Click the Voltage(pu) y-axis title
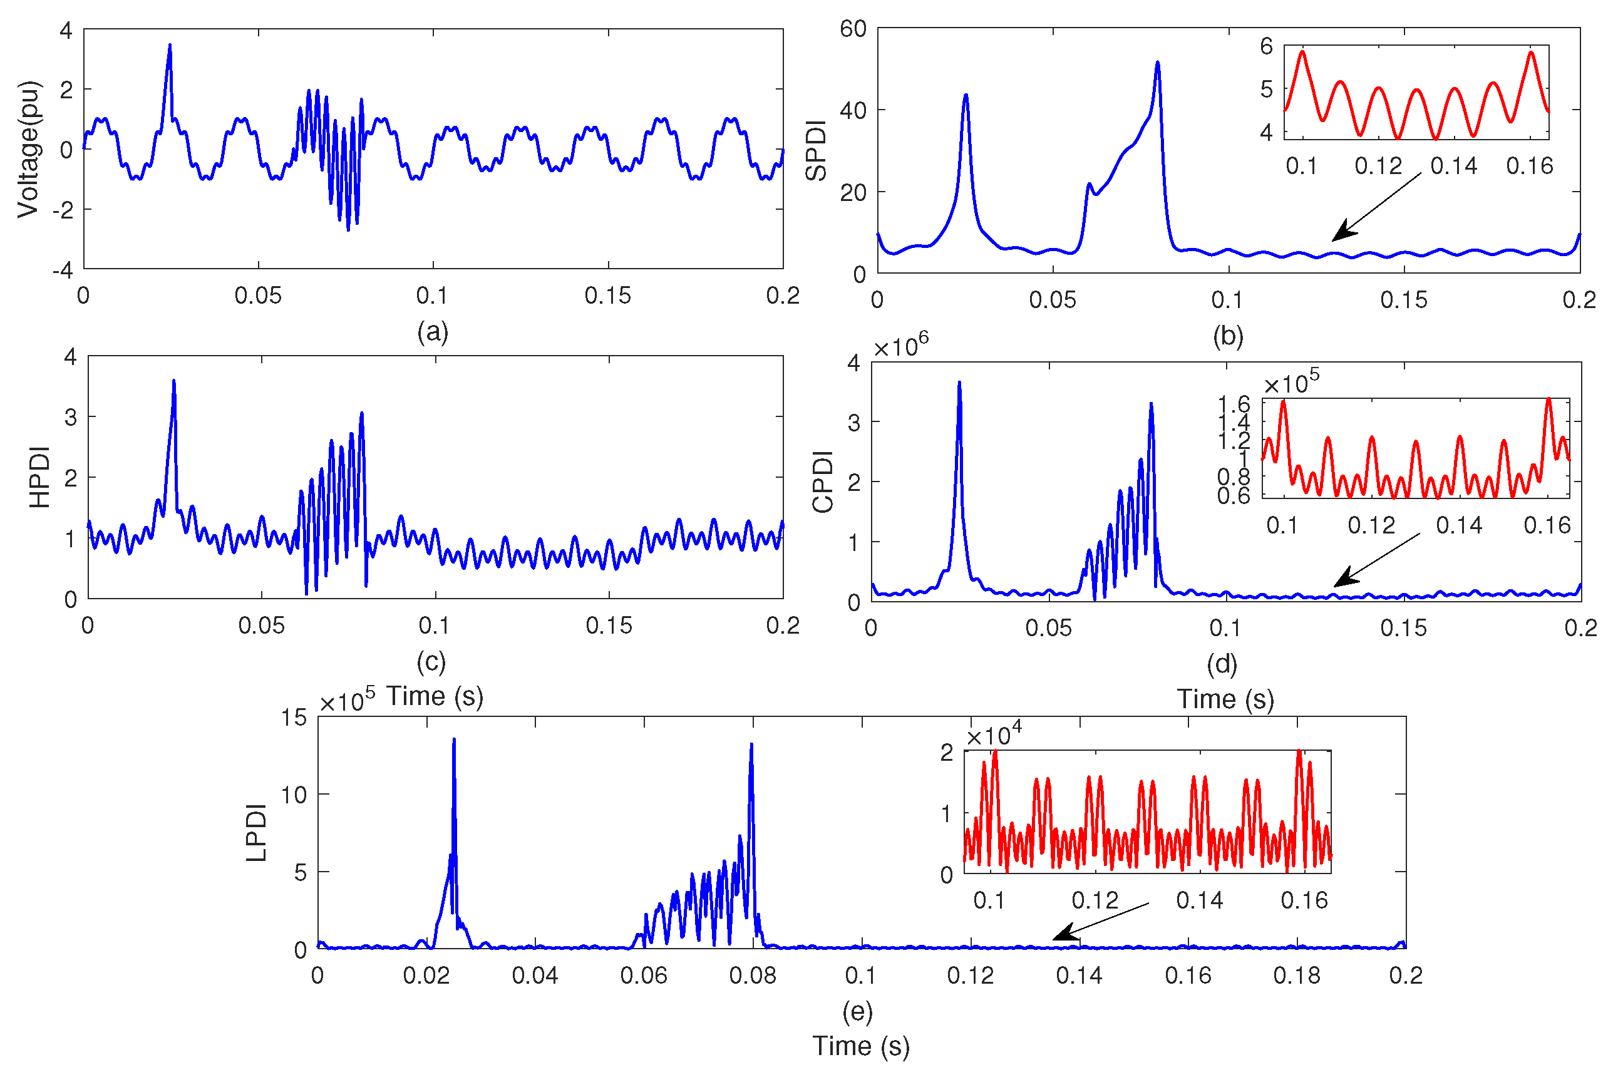tap(29, 149)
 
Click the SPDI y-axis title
tap(816, 150)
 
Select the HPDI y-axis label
tap(40, 477)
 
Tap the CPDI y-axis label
tap(822, 482)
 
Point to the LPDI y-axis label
tap(256, 832)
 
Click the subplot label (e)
tap(857, 1011)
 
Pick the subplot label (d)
tap(1222, 664)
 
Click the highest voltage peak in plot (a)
tap(170, 45)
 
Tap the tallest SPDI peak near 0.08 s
tap(1157, 63)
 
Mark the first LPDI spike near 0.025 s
tap(454, 740)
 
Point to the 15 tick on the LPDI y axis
tap(294, 718)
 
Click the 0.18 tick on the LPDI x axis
tap(1297, 976)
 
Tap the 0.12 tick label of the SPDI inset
tap(1378, 165)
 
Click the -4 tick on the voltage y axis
tap(63, 270)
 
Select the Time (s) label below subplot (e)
tap(861, 1046)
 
